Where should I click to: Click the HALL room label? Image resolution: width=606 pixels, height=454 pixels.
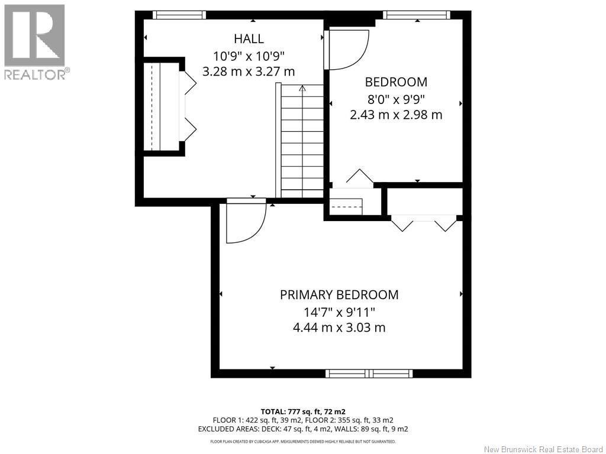(249, 38)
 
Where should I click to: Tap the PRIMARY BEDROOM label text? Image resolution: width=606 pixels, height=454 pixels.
(339, 294)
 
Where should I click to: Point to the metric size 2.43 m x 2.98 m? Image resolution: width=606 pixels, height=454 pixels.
(396, 115)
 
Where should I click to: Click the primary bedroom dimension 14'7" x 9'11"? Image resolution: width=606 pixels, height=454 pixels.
(339, 311)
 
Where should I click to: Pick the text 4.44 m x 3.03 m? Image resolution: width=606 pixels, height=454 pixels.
(339, 327)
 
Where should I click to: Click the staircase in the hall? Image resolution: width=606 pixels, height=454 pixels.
(302, 141)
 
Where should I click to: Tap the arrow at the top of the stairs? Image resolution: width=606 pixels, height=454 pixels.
(302, 89)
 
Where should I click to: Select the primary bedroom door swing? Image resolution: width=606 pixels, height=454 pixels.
(246, 223)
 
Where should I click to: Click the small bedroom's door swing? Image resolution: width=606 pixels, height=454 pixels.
(347, 50)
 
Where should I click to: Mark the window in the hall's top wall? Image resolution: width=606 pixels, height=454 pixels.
(179, 15)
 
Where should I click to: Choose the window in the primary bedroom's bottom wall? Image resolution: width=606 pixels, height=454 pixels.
(369, 374)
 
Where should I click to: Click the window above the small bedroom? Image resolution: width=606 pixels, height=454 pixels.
(417, 15)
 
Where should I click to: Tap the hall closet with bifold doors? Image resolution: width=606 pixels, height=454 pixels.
(162, 106)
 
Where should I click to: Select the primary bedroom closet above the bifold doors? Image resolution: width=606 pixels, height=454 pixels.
(424, 202)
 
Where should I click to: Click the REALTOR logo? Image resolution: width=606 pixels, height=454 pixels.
(35, 42)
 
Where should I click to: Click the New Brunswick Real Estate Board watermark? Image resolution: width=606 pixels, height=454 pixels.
(543, 449)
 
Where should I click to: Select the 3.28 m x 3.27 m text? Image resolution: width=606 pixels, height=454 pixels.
(249, 72)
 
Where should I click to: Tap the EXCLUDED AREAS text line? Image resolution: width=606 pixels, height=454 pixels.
(302, 429)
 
